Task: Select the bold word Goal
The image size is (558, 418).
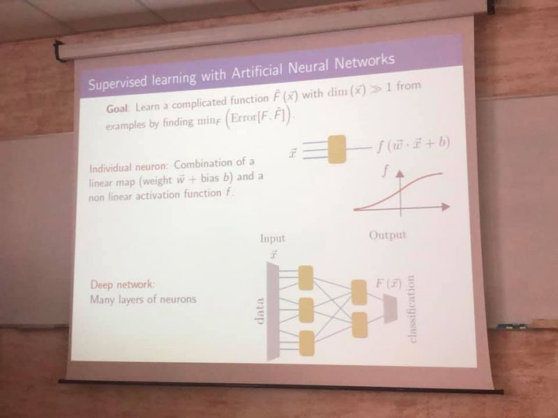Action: click(116, 108)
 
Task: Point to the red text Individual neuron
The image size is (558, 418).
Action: click(128, 167)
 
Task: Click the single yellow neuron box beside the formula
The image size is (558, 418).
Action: click(336, 149)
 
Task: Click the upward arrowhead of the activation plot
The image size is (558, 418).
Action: click(400, 173)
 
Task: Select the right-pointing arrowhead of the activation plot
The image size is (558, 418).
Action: click(446, 206)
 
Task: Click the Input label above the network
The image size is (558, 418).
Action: click(273, 238)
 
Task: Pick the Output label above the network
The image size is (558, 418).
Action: click(388, 235)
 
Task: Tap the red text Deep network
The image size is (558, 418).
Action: click(123, 284)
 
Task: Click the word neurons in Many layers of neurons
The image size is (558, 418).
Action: click(178, 300)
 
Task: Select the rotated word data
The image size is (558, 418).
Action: click(259, 311)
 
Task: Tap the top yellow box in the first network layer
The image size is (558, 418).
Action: click(306, 278)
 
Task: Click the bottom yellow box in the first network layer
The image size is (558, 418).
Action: click(307, 343)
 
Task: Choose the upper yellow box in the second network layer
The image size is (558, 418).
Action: click(359, 292)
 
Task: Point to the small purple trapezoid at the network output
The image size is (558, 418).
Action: click(390, 309)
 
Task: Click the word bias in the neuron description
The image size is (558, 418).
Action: click(209, 178)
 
